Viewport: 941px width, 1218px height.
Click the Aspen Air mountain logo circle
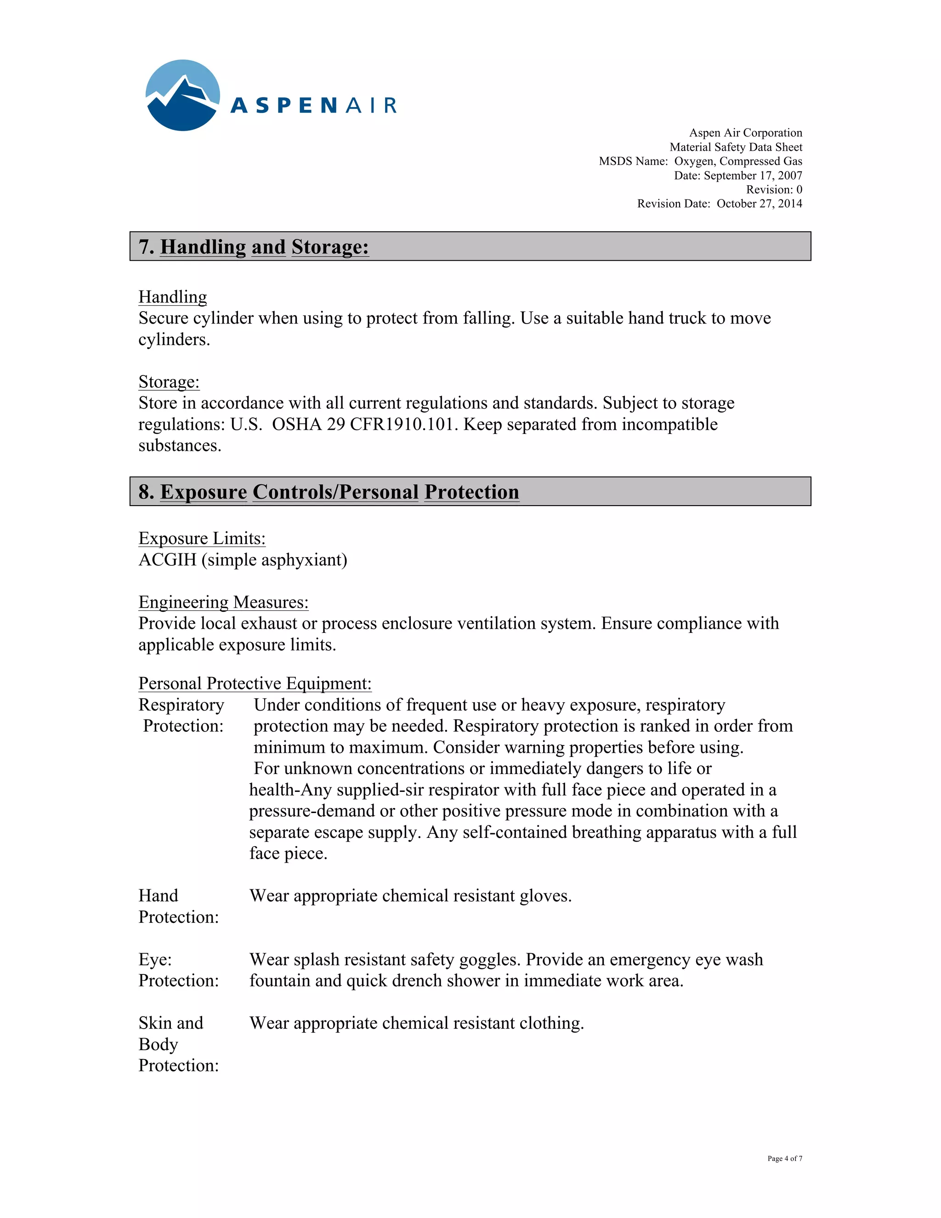click(182, 95)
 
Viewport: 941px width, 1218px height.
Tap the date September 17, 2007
click(753, 175)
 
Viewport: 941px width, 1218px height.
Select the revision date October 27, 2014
click(759, 204)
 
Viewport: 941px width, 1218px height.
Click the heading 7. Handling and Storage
click(254, 246)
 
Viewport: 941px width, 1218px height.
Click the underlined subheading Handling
click(172, 297)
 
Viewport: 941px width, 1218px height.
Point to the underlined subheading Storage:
click(169, 382)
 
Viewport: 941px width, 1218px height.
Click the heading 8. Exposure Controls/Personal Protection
click(329, 492)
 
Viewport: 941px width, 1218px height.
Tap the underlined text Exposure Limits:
click(202, 539)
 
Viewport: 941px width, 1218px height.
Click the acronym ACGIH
click(167, 560)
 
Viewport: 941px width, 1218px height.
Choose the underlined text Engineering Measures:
click(223, 602)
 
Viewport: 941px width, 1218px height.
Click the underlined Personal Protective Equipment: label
click(255, 684)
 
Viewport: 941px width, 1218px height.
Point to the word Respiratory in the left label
click(181, 705)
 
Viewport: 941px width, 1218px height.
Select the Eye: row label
click(155, 960)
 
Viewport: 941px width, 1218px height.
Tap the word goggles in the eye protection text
click(489, 960)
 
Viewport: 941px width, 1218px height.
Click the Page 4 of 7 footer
click(784, 1158)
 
